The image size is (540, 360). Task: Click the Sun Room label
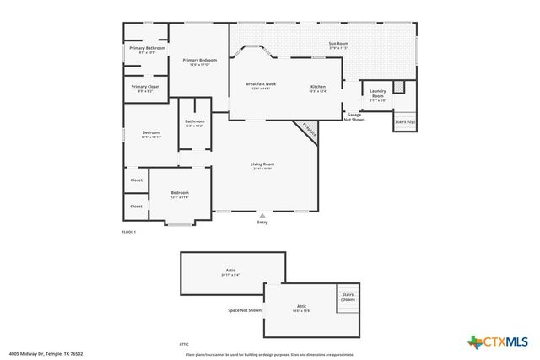pyautogui.click(x=338, y=43)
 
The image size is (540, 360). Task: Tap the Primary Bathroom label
pyautogui.click(x=147, y=49)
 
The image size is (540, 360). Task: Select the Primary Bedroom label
pyautogui.click(x=200, y=61)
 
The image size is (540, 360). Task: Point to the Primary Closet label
pyautogui.click(x=145, y=87)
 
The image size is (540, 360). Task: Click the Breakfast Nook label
pyautogui.click(x=261, y=84)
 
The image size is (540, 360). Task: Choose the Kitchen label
pyautogui.click(x=317, y=88)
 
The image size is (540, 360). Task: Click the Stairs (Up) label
pyautogui.click(x=404, y=121)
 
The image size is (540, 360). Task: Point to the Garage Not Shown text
pyautogui.click(x=354, y=117)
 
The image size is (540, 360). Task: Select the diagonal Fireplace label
pyautogui.click(x=309, y=132)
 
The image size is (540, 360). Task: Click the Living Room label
pyautogui.click(x=262, y=164)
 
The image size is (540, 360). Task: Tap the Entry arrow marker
pyautogui.click(x=262, y=216)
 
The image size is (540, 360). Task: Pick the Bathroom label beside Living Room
pyautogui.click(x=195, y=122)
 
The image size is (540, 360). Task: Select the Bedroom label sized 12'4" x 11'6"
pyautogui.click(x=180, y=193)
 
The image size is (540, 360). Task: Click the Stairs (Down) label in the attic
pyautogui.click(x=348, y=296)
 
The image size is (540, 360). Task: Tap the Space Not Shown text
pyautogui.click(x=245, y=310)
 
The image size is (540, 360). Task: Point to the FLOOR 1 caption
pyautogui.click(x=129, y=231)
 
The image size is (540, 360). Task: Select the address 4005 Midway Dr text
pyautogui.click(x=46, y=354)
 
